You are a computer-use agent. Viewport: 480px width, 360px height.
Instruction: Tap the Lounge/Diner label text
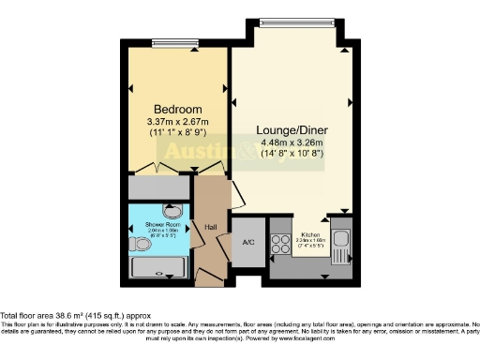292,130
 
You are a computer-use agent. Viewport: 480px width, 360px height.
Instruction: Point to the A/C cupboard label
248,242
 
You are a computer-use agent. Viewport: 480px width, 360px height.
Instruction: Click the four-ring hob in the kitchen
280,243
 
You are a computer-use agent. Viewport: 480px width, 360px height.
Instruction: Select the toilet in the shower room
141,244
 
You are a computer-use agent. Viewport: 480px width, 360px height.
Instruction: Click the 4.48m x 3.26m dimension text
292,143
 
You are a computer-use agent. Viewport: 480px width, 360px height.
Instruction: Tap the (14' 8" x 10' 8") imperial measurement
292,154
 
